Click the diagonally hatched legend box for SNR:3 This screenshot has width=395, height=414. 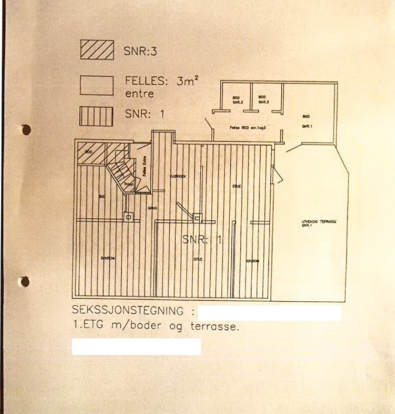pyautogui.click(x=97, y=50)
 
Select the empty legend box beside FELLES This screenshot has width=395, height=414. pyautogui.click(x=97, y=85)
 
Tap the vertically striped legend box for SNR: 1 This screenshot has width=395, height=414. pyautogui.click(x=97, y=116)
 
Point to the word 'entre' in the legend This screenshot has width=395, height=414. pyautogui.click(x=140, y=93)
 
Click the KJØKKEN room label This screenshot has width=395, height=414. pyautogui.click(x=178, y=176)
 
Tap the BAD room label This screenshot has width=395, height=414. pyautogui.click(x=102, y=197)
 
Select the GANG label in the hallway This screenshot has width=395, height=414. pyautogui.click(x=152, y=208)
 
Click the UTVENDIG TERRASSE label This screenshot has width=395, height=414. pyautogui.click(x=319, y=222)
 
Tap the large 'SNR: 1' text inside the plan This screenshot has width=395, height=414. pyautogui.click(x=201, y=240)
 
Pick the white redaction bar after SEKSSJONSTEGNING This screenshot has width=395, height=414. pyautogui.click(x=269, y=313)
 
